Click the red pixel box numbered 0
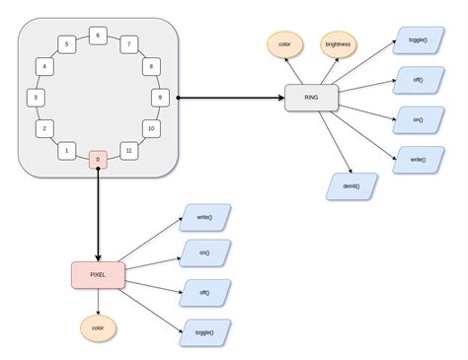click(x=98, y=159)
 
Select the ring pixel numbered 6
click(x=98, y=36)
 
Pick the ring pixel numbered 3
click(x=36, y=98)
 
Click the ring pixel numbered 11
click(x=128, y=150)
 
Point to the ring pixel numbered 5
click(x=66, y=44)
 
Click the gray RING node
click(x=311, y=98)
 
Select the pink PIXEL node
click(x=98, y=275)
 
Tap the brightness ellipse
click(x=339, y=44)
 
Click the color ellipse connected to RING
click(x=284, y=44)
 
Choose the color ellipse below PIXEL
click(x=98, y=327)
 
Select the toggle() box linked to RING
click(x=418, y=40)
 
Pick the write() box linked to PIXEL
click(x=204, y=217)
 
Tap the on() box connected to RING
click(x=418, y=119)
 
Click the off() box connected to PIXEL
click(x=204, y=293)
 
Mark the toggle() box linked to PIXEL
click(x=204, y=332)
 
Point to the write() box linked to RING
click(x=418, y=159)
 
